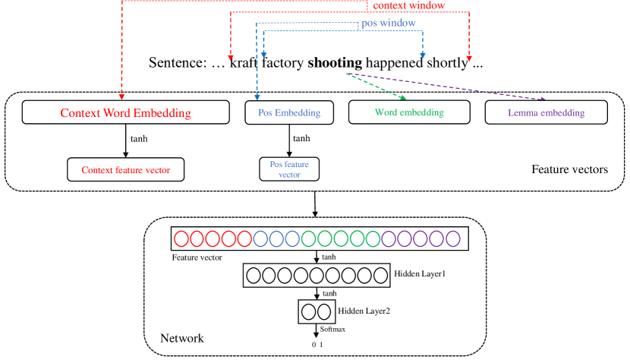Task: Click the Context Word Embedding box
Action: click(125, 113)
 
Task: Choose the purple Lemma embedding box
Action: click(546, 113)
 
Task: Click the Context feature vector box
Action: click(126, 169)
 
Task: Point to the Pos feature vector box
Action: click(289, 169)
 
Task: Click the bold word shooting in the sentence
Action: click(335, 62)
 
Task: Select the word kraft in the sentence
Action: click(244, 62)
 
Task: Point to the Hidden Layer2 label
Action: click(365, 310)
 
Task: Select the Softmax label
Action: click(332, 329)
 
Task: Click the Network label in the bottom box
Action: click(181, 338)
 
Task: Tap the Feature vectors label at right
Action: click(569, 169)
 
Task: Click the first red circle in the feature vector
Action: click(181, 239)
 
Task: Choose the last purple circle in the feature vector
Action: click(453, 239)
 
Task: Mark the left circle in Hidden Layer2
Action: click(307, 311)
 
